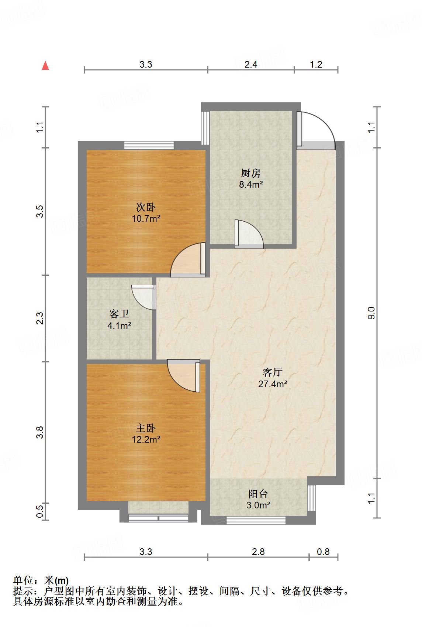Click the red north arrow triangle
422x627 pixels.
(45, 66)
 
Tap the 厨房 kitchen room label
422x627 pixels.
(250, 173)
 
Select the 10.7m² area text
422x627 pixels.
(146, 218)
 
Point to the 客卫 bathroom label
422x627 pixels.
(119, 314)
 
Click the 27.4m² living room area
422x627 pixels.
(273, 384)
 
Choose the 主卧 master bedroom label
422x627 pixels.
(146, 428)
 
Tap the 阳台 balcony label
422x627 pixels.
(258, 494)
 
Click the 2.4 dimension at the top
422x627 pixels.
(251, 64)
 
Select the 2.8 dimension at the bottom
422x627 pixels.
(258, 552)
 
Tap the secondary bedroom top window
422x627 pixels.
(149, 145)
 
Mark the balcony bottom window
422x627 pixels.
(256, 520)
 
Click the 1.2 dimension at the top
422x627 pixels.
(316, 64)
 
